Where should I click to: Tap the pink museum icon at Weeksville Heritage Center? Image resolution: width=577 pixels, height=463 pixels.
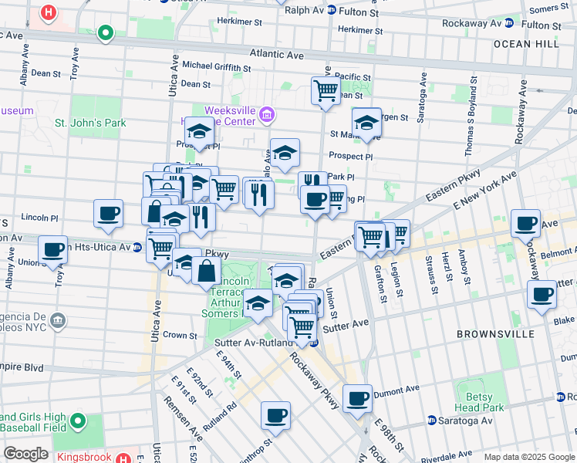pos(267,116)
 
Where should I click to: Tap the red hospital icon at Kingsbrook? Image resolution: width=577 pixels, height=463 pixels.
pos(122,458)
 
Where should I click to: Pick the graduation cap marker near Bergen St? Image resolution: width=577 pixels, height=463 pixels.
pos(366,122)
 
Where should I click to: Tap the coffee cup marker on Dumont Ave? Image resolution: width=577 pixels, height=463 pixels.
pos(357,398)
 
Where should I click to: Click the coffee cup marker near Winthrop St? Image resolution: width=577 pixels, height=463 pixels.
pos(275,416)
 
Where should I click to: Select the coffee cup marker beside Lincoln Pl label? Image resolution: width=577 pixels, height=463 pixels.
pos(108,213)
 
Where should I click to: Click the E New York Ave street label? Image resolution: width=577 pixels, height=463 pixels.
pos(485,190)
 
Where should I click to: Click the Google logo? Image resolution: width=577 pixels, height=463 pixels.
pos(26,454)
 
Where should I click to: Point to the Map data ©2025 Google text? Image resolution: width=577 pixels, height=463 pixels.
pos(528,457)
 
